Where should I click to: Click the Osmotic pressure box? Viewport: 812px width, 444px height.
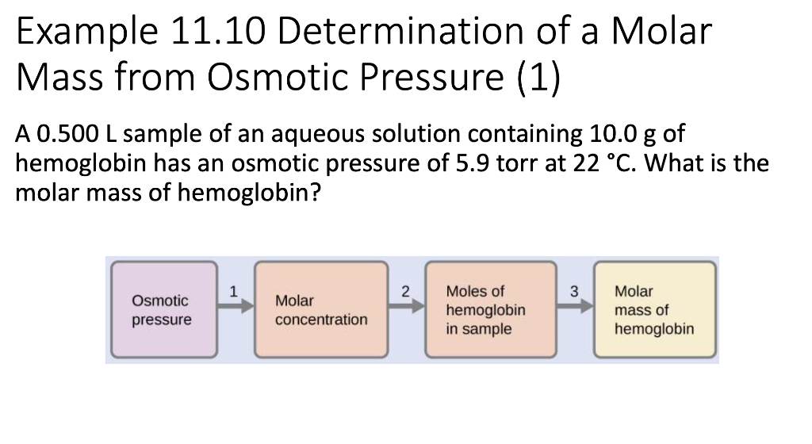[162, 310]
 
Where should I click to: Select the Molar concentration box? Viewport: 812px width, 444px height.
[321, 310]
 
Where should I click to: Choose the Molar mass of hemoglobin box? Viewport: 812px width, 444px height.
[654, 310]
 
